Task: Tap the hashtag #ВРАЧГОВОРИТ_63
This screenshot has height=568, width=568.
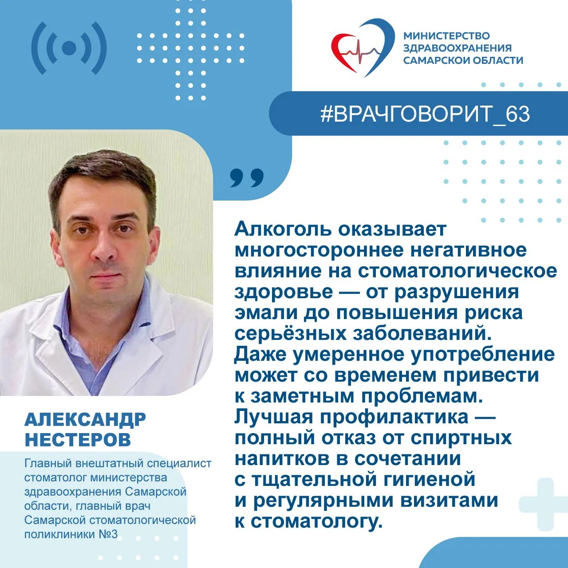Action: click(426, 114)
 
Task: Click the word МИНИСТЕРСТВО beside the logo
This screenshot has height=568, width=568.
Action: click(446, 36)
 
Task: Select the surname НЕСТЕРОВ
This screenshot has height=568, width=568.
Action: click(78, 439)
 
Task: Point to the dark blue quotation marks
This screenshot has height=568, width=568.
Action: click(247, 177)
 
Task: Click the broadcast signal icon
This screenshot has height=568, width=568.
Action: click(69, 48)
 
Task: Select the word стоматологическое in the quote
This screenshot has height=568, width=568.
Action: click(457, 272)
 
